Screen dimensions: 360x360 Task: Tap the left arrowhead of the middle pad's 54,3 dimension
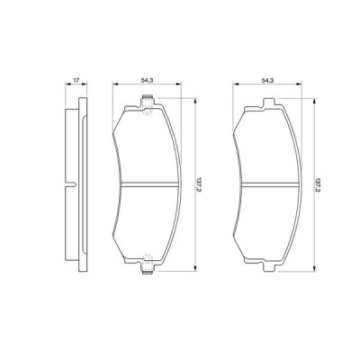[114, 87]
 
